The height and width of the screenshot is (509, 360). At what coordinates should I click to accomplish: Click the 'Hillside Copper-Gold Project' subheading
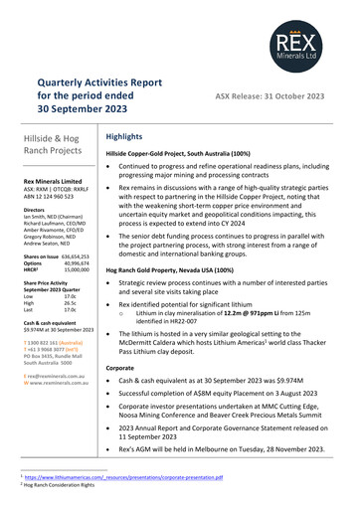(x=185, y=155)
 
